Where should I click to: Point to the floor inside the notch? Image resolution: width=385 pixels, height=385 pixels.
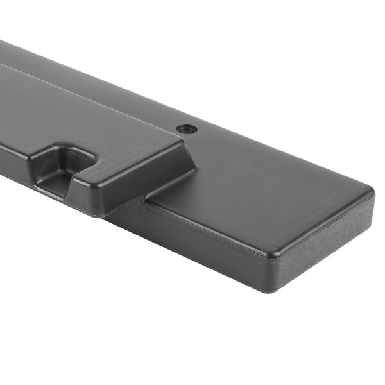pyautogui.click(x=55, y=184)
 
